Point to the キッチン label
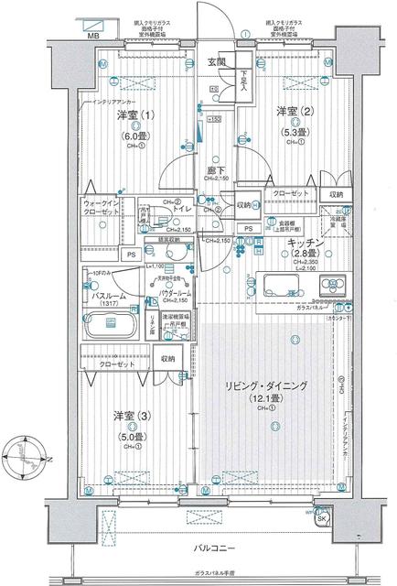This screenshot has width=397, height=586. click(x=301, y=243)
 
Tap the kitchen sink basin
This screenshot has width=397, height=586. click(x=279, y=281)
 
